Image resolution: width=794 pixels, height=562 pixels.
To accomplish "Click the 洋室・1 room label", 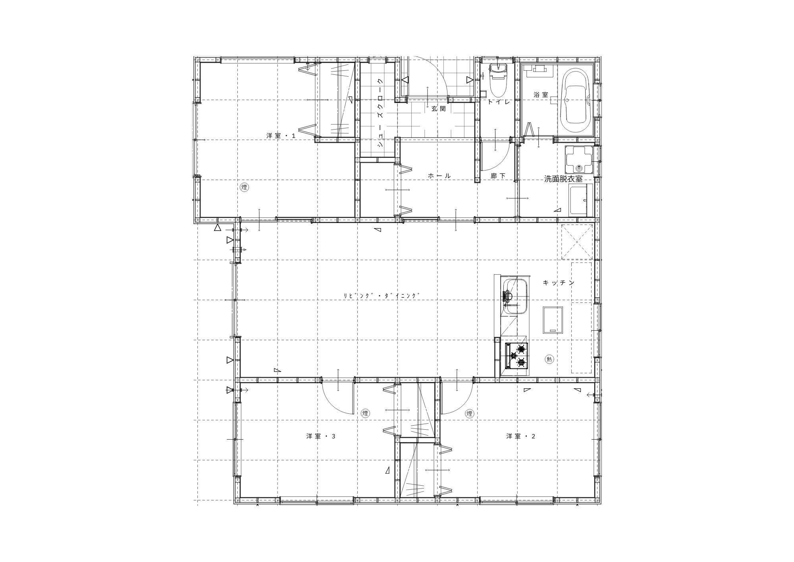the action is [281, 136].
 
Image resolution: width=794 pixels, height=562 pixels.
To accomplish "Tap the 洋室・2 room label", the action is [520, 436].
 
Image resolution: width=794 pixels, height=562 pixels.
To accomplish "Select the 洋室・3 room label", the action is [321, 436].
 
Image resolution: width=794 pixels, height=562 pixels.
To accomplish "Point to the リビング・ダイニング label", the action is [382, 296].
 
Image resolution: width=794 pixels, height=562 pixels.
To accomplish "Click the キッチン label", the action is [559, 283].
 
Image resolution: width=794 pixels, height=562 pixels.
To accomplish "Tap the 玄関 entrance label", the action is [439, 109].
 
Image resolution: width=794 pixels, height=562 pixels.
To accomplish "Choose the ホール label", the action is [439, 176].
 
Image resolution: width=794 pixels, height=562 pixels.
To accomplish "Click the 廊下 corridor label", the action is [498, 176].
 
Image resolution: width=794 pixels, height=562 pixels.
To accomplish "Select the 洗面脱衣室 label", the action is [563, 179].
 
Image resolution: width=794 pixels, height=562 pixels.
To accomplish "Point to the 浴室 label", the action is [540, 95].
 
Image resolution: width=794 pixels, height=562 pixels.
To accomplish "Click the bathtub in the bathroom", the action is [575, 102].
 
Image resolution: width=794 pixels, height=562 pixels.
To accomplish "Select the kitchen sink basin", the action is [515, 297].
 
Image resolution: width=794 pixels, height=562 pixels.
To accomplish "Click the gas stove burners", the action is [516, 356].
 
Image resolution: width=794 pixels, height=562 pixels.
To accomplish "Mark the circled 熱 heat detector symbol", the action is [549, 359].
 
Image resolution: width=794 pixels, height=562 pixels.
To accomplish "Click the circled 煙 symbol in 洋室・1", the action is [244, 187].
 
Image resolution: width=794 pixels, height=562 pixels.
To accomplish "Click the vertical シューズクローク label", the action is [380, 113].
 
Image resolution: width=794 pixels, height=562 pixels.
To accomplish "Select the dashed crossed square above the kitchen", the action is [577, 242].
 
